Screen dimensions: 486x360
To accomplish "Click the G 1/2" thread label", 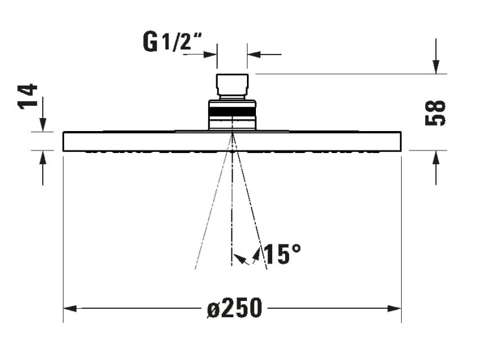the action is coord(172,42).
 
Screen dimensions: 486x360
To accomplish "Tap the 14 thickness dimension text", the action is coord(28,97).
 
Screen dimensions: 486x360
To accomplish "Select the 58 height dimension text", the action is coord(435,113).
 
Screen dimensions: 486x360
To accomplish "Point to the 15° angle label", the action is coord(282,254).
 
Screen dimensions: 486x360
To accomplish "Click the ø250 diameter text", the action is coord(235,308).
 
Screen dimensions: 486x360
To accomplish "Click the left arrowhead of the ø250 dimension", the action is coord(70,309).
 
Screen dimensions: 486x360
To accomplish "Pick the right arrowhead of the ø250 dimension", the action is coord(395,309).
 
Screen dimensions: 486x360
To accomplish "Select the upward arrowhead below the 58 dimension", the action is coord(436,158).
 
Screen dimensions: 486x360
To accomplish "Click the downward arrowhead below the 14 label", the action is coord(43,125).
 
